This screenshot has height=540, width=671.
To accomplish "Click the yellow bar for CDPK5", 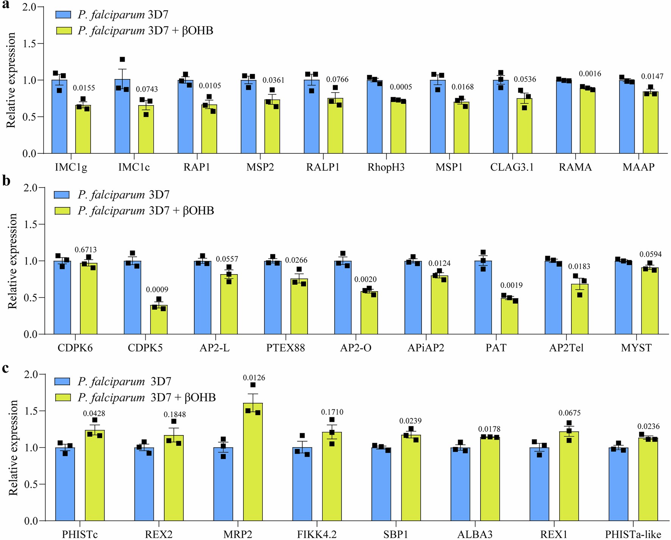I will (x=159, y=320).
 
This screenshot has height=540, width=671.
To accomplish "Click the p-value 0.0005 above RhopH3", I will (x=401, y=87).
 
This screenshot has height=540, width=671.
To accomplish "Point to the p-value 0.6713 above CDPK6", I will (x=86, y=250).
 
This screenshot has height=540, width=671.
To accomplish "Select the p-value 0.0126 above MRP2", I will (x=254, y=378).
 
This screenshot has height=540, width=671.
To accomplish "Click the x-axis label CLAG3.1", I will (x=512, y=167).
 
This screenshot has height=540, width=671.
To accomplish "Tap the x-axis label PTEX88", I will (x=285, y=348).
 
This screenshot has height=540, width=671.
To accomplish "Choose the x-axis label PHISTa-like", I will (x=633, y=534).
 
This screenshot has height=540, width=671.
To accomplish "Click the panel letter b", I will (x=6, y=181).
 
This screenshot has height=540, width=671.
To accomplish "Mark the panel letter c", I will (x=5, y=368).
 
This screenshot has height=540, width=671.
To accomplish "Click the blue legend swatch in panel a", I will (x=63, y=15).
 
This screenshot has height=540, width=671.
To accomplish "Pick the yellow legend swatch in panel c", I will (x=63, y=397).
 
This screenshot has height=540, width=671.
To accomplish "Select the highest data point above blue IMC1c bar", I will (x=122, y=59).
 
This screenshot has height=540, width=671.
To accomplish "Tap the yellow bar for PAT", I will (x=509, y=316).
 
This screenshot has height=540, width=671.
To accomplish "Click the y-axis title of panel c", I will (x=13, y=448).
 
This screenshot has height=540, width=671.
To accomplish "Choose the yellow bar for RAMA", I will (x=587, y=121).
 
